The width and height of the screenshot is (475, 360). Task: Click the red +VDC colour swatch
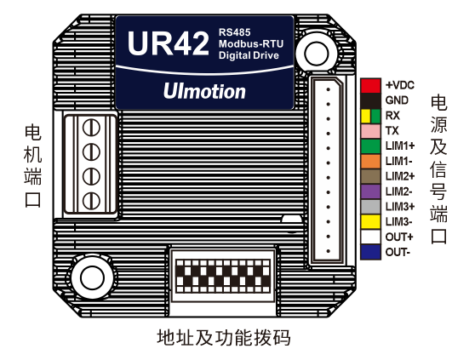coord(369,85)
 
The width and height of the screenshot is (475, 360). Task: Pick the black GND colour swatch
coord(369,100)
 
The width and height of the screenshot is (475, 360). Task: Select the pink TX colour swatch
coord(369,130)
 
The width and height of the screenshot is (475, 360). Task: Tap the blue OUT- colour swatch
coord(369,252)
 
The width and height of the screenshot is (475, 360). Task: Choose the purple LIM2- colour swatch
coord(369,191)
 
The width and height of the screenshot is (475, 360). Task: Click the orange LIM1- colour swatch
coord(369,161)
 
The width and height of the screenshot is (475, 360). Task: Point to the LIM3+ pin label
coord(399,207)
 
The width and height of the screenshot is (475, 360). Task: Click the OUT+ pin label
coord(398,237)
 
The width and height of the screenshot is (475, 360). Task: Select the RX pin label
coord(392,115)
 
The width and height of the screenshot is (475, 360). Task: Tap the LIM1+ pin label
coord(399,146)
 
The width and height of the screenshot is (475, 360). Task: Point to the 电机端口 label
coord(33,166)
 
